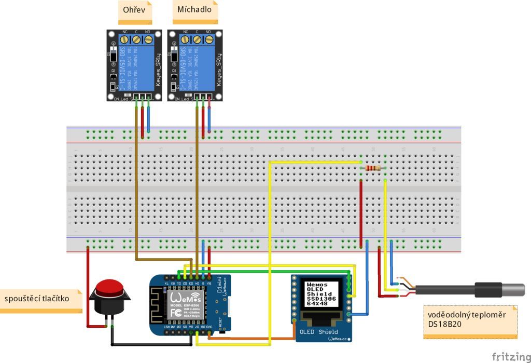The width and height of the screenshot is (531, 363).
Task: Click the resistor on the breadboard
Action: pyautogui.click(x=373, y=168)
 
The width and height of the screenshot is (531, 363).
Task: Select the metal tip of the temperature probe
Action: pyautogui.click(x=513, y=289)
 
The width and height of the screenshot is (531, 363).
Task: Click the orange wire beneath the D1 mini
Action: pyautogui.click(x=249, y=339)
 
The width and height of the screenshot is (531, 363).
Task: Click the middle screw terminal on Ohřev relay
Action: pyautogui.click(x=136, y=39)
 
